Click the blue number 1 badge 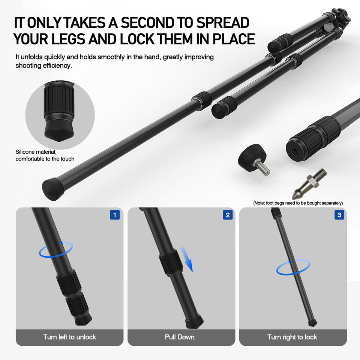[115, 215]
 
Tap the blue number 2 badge [228, 215]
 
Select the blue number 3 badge [339, 215]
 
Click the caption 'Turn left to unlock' [70, 337]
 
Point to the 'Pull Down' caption [180, 337]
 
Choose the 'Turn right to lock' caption [292, 337]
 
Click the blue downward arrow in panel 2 [187, 259]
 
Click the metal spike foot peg [309, 184]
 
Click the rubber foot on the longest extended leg [53, 189]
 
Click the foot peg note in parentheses [298, 203]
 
